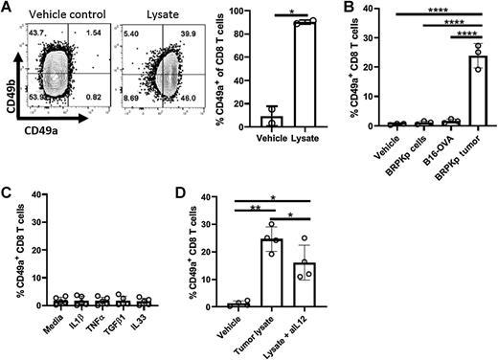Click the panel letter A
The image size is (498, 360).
click(x=8, y=11)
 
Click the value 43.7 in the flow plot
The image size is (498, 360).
click(x=41, y=34)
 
